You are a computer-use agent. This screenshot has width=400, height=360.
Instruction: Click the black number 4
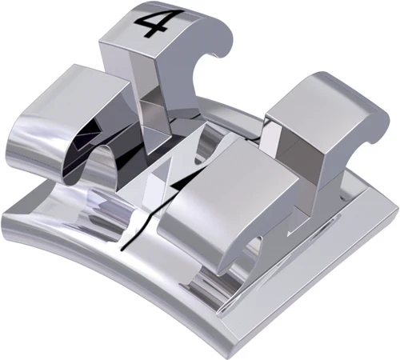click(x=151, y=24)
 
